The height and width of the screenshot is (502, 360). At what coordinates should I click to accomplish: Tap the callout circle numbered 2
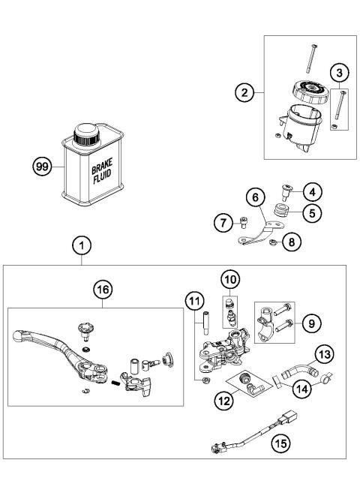click(241, 93)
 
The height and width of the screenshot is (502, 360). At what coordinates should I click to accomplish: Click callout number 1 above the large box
click(82, 245)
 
